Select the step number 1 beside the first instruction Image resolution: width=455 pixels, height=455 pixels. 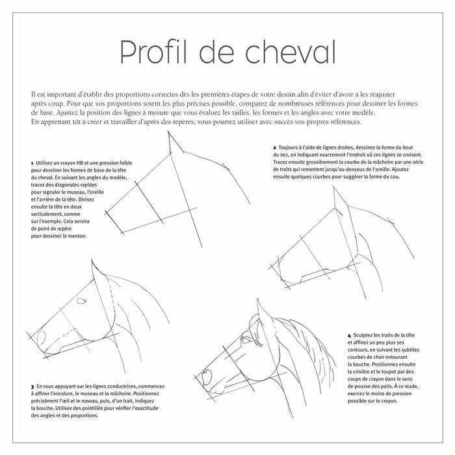tap(32, 162)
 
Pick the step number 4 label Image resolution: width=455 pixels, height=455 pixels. tap(350, 333)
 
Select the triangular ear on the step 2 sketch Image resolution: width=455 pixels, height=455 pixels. tap(340, 207)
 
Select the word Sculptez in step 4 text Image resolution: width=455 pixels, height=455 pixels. tap(365, 333)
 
